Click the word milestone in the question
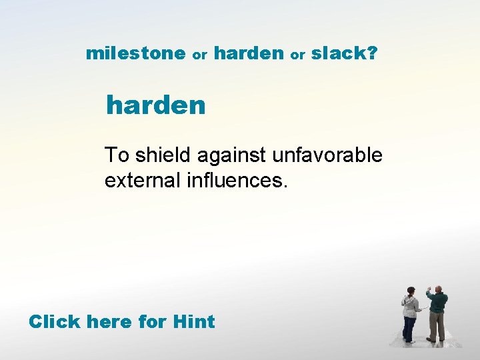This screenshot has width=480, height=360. pyautogui.click(x=135, y=53)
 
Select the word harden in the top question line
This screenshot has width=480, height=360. pyautogui.click(x=249, y=53)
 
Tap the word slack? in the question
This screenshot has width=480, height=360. pyautogui.click(x=344, y=53)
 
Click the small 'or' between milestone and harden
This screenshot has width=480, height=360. pyautogui.click(x=199, y=56)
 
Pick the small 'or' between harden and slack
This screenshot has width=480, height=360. pyautogui.click(x=297, y=56)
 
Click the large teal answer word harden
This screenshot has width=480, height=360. pyautogui.click(x=156, y=105)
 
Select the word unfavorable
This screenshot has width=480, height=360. pyautogui.click(x=327, y=155)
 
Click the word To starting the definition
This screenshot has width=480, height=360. pyautogui.click(x=117, y=155)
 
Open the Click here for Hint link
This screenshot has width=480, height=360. pyautogui.click(x=121, y=321)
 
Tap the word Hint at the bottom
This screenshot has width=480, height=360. pyautogui.click(x=193, y=321)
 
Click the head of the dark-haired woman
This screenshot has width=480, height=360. pyautogui.click(x=411, y=292)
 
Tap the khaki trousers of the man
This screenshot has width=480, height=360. pyautogui.click(x=436, y=327)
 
